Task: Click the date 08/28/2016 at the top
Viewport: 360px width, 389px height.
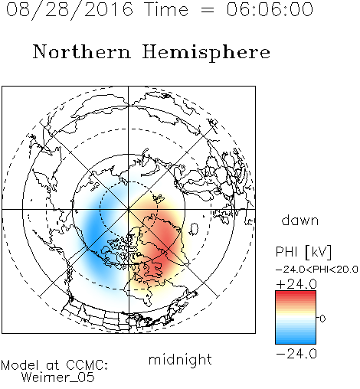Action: tap(70, 10)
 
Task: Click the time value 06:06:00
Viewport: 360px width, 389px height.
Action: tap(270, 9)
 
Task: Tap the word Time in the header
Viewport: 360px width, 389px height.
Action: tap(166, 9)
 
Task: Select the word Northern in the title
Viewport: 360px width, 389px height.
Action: tap(82, 51)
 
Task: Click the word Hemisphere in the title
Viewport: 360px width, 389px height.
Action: tap(206, 53)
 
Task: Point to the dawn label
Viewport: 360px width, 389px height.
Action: tap(300, 220)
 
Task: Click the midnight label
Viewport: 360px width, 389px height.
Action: tap(180, 360)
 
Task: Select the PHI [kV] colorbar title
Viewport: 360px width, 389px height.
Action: tap(303, 252)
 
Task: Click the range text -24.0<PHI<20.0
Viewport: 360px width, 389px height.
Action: tap(317, 270)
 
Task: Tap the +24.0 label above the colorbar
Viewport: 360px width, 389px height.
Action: tap(296, 284)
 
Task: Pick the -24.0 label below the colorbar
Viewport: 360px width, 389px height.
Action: tap(296, 354)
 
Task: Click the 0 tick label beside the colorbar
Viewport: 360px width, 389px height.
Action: tap(322, 319)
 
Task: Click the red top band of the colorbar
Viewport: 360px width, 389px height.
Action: tap(296, 295)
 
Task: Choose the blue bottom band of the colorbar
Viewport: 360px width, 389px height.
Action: tap(296, 339)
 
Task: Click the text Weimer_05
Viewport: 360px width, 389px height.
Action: tap(58, 378)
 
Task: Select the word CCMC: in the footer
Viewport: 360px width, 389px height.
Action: tap(87, 365)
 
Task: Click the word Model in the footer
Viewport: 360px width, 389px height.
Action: tap(20, 365)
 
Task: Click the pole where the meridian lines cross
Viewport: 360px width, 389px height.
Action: tap(129, 210)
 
